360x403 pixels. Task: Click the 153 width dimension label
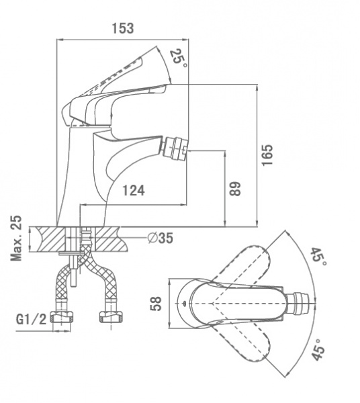coord(123,28)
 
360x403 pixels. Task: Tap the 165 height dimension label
coord(267,155)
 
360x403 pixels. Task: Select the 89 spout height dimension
coord(235,189)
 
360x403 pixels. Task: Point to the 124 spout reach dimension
coord(134,191)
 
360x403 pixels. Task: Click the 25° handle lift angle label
coord(179,58)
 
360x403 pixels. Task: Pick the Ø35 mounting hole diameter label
coord(161,238)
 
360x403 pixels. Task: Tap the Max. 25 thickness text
coord(16,238)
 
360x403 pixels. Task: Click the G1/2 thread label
coord(32,319)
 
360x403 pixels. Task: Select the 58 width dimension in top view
coord(156,304)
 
